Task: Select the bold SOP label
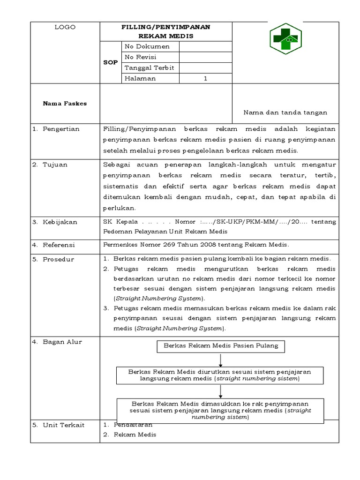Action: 111,62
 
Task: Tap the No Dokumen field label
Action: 147,46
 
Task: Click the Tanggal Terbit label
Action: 149,68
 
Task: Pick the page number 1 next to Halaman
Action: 205,79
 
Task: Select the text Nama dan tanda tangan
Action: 285,112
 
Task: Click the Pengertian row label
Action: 61,129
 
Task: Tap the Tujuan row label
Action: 56,165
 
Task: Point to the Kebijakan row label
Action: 60,222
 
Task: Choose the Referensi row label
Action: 59,245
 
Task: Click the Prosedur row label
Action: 58,259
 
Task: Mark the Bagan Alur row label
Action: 62,342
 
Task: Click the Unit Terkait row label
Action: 63,425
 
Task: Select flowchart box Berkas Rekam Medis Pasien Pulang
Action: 220,346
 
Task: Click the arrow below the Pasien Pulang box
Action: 220,360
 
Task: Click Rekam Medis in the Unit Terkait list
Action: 135,435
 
